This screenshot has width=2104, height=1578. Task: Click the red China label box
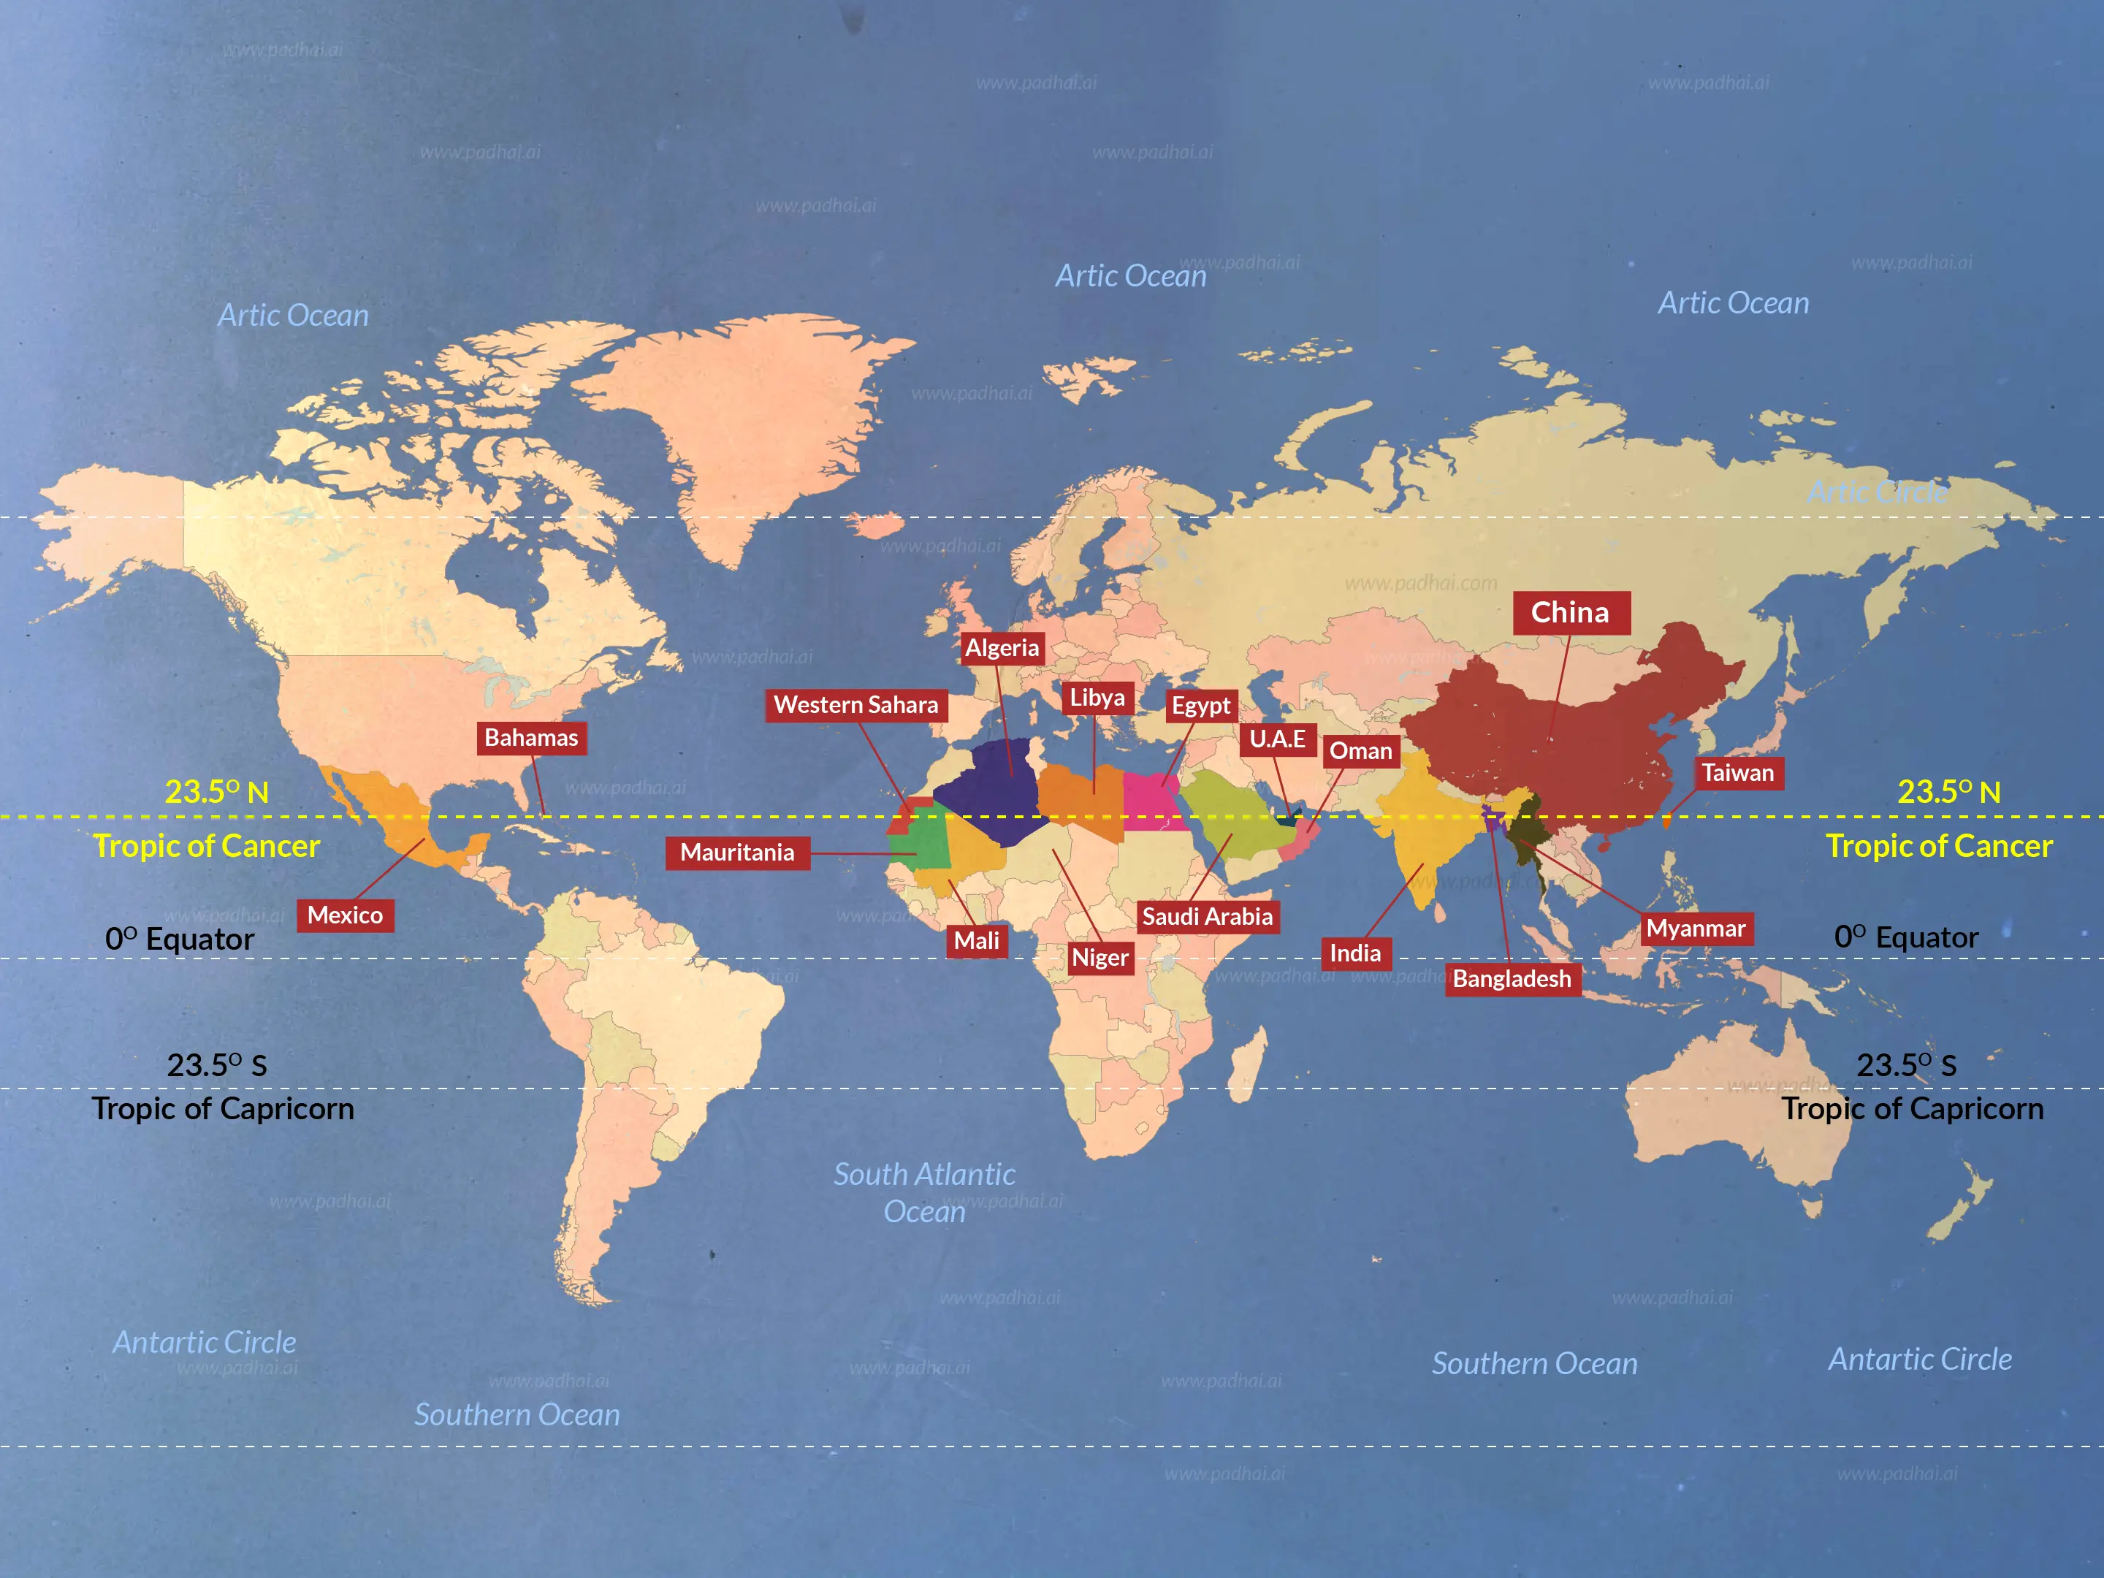1571,612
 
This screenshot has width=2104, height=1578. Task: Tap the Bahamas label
531,737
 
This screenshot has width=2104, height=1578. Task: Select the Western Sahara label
856,705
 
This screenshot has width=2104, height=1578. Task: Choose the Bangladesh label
1512,979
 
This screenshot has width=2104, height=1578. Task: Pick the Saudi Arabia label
1207,917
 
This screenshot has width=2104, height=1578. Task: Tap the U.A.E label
1278,739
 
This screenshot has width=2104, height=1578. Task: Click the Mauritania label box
737,853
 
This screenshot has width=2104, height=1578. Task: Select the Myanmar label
1696,929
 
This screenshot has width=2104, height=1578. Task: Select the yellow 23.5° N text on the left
217,791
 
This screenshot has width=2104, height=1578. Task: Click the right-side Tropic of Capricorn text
1913,1109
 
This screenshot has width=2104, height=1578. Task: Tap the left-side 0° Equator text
180,939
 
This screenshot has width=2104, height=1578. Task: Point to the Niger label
1099,957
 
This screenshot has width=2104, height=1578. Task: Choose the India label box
1354,953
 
